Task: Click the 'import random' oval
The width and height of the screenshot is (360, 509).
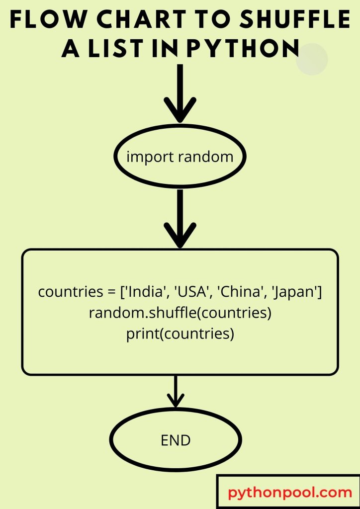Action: [x=180, y=157]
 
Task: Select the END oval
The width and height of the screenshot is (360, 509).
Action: [x=176, y=440]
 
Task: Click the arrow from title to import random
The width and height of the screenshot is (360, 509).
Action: [x=180, y=94]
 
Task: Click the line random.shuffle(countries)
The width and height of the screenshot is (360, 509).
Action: [x=180, y=314]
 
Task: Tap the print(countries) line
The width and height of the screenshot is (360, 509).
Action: [x=180, y=334]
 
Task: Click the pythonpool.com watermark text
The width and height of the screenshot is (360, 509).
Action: [x=290, y=493]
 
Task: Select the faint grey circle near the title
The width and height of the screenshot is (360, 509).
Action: [x=312, y=59]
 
